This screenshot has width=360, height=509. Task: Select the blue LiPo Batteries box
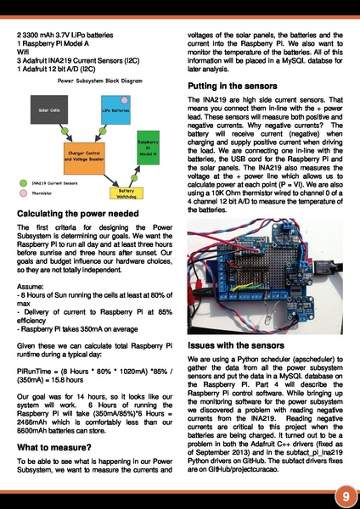tap(115, 111)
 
